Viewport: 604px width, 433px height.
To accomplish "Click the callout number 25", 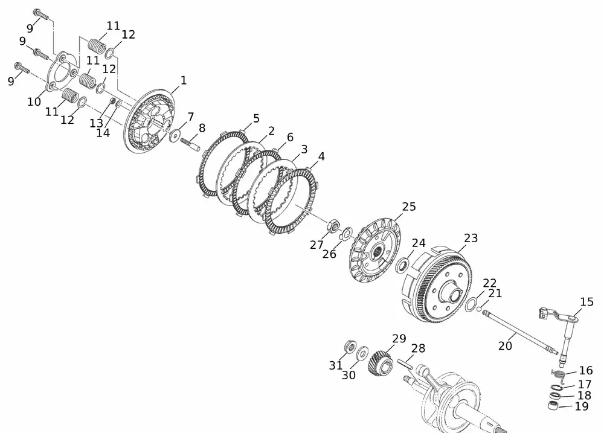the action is coord(409,207).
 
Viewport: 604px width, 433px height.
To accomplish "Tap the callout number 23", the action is coord(471,238).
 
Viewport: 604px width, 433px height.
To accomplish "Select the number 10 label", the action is coord(34,101).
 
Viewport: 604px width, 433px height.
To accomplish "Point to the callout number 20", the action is coord(505,346).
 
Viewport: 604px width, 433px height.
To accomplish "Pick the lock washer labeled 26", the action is coord(346,233).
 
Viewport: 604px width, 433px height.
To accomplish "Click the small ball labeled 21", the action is coord(479,309).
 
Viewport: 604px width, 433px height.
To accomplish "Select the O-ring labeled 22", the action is coord(470,304).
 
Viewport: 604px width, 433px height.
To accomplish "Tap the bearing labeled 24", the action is coord(403,266).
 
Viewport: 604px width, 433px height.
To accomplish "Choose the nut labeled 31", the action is coord(350,346).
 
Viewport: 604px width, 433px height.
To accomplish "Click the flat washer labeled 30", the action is coord(362,353).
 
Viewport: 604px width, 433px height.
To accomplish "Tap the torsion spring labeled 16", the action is coord(559,374).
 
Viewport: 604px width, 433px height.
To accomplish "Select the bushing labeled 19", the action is coord(553,405).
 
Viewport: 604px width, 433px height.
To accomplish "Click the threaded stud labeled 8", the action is coord(190,144).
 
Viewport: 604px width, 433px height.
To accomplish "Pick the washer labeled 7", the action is coord(175,135).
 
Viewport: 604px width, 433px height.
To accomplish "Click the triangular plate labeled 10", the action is coord(62,72).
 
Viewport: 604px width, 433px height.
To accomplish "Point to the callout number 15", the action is coord(586,301).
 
